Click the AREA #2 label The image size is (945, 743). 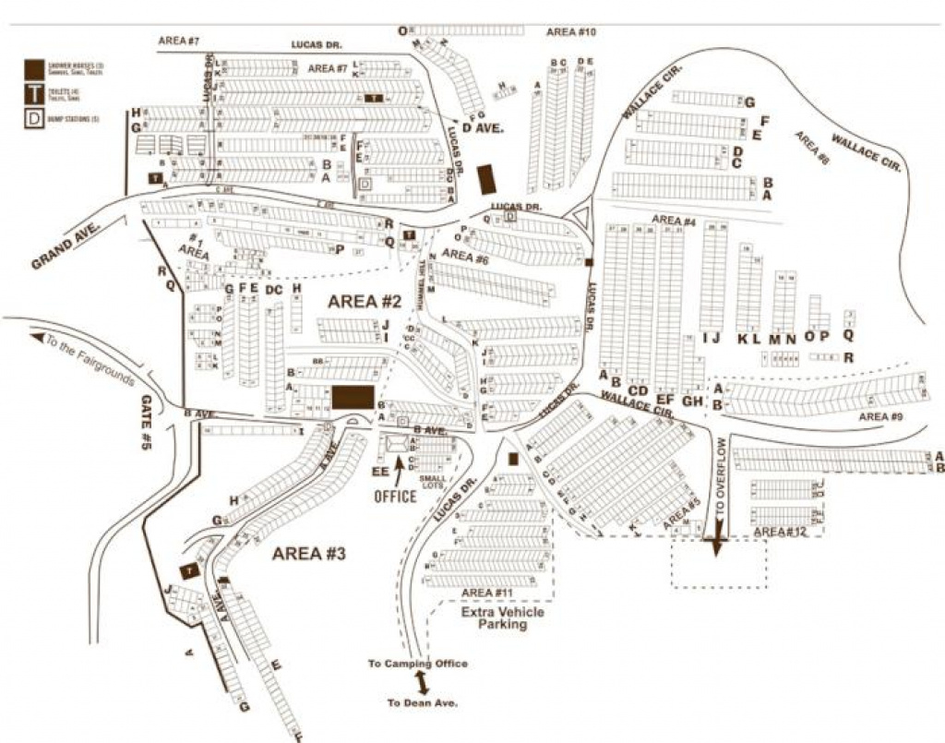(365, 302)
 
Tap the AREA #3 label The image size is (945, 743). (308, 554)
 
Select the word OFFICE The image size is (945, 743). (396, 497)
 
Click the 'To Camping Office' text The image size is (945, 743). (418, 664)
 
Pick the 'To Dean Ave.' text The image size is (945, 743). (422, 703)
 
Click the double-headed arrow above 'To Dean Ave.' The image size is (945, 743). (422, 683)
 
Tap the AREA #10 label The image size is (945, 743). (572, 32)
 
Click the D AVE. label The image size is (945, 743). (484, 128)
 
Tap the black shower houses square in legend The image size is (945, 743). (33, 68)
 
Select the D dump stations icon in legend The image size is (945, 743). (33, 119)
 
